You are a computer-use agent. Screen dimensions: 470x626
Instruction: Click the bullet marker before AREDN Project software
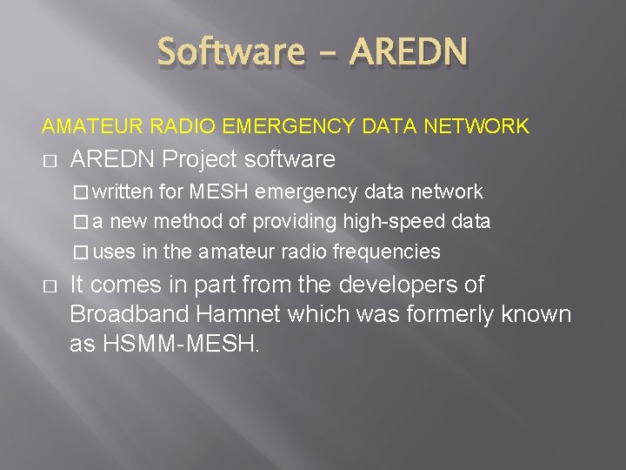[x=49, y=161]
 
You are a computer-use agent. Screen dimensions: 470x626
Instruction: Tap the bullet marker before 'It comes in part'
[x=49, y=286]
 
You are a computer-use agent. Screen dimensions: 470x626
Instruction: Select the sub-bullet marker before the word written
[x=81, y=192]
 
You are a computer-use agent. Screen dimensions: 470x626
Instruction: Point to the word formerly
[x=440, y=313]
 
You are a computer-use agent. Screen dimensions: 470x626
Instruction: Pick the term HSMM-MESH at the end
[x=179, y=343]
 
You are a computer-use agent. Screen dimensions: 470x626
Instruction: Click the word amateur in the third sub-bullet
[x=232, y=252]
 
